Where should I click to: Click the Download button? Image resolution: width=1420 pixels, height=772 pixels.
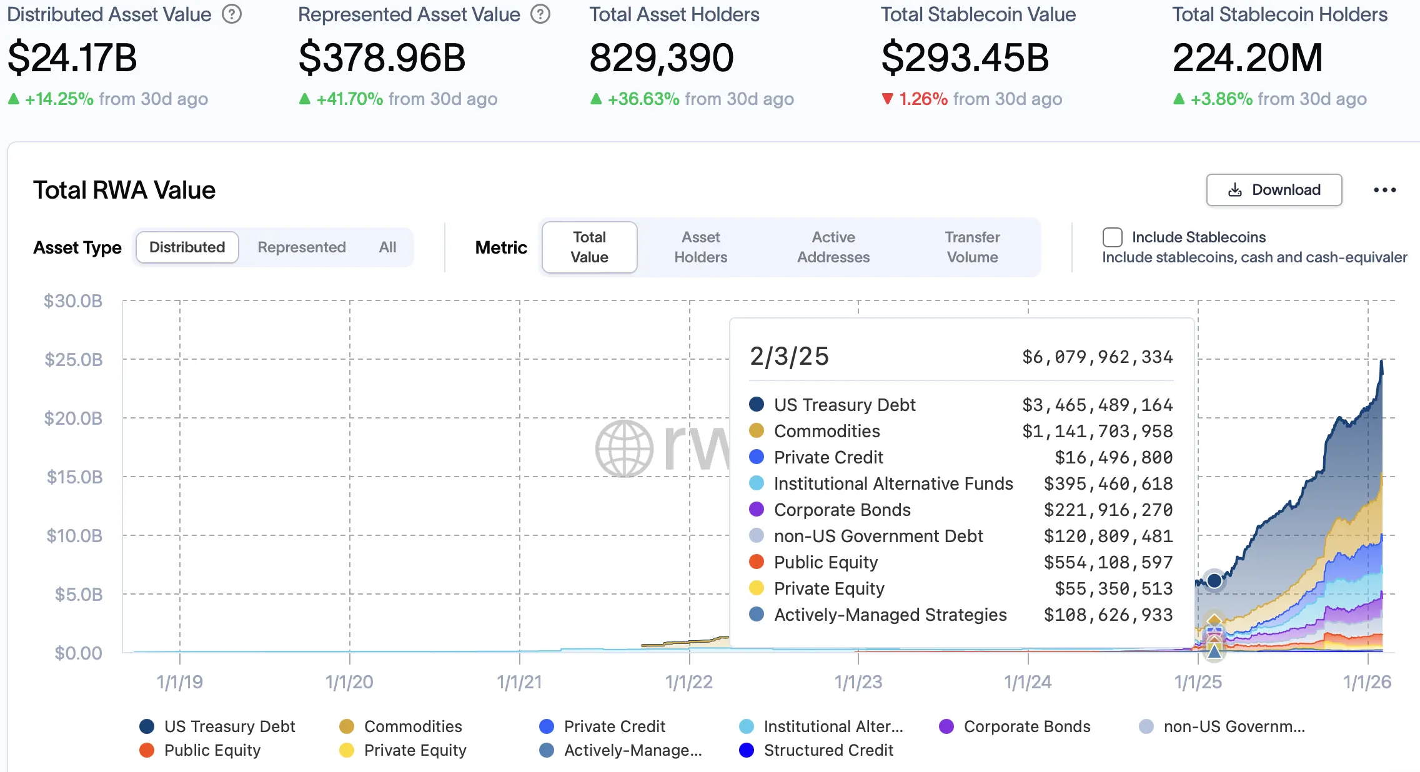click(1273, 190)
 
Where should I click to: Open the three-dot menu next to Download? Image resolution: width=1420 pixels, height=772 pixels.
click(1384, 190)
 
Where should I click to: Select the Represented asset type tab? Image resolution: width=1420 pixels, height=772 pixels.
click(301, 247)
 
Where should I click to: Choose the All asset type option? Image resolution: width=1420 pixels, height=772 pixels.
click(387, 247)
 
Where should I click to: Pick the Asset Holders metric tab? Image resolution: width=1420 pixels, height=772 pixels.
click(700, 247)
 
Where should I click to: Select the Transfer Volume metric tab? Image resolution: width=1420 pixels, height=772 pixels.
click(971, 247)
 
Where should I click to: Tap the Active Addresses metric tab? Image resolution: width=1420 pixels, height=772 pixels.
click(833, 247)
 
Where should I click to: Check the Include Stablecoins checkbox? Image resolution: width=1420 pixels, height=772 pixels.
click(1112, 237)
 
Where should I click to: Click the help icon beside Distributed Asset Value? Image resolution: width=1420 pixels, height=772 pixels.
click(232, 14)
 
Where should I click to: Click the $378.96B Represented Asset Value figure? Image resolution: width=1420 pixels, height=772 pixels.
click(382, 57)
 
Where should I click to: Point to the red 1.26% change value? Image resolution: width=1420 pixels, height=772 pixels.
click(923, 99)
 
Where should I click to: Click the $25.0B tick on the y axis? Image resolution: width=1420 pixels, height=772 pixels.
click(74, 360)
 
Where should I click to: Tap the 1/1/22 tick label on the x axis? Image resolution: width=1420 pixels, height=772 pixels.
click(688, 682)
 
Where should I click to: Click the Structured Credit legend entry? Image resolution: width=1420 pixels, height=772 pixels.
click(828, 750)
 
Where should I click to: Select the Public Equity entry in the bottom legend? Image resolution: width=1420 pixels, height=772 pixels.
click(212, 750)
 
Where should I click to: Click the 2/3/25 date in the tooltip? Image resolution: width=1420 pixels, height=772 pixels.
click(789, 357)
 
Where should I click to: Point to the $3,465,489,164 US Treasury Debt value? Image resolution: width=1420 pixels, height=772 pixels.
click(1097, 405)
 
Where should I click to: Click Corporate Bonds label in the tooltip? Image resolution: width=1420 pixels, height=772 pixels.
click(842, 510)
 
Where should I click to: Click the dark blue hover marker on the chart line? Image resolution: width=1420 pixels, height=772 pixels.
click(1214, 580)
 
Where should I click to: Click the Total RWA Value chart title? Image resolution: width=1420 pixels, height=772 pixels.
click(124, 190)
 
